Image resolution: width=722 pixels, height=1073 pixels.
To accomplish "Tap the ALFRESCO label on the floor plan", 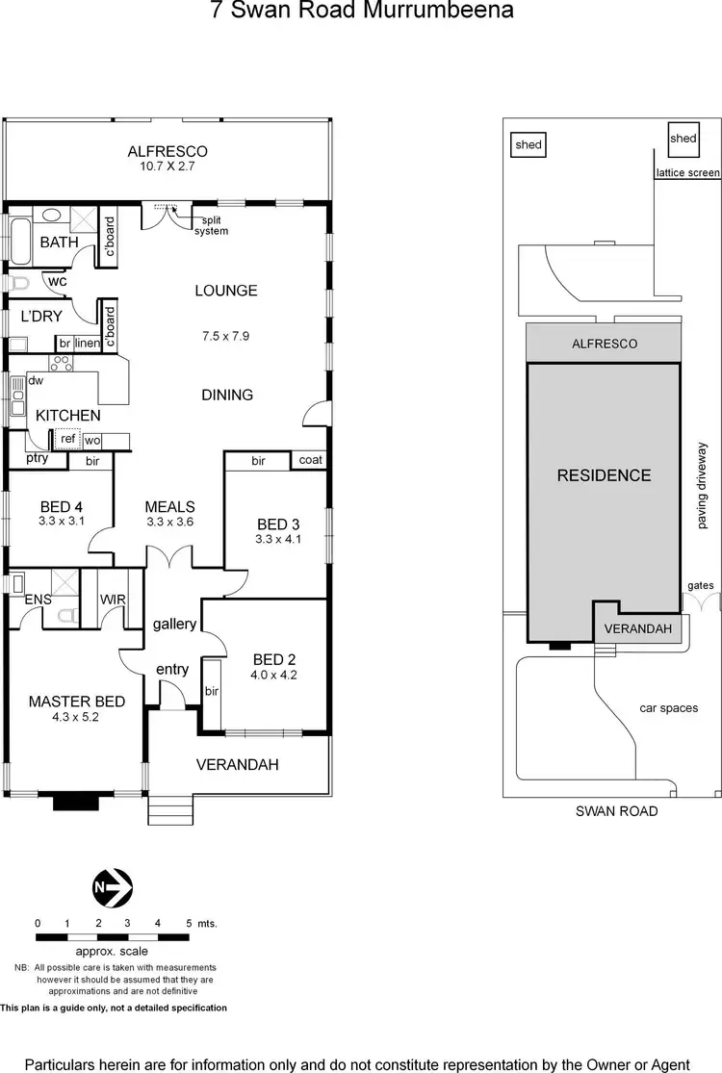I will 168,151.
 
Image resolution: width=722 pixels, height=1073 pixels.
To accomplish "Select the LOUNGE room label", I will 226,291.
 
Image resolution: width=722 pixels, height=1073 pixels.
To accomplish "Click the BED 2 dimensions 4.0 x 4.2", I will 273,675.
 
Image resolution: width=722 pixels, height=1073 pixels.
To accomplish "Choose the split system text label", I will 211,225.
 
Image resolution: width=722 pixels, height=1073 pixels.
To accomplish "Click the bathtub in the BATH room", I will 18,238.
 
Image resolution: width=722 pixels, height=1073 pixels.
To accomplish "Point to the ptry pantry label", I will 37,459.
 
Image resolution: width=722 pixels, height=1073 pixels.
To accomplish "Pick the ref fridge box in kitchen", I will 67,439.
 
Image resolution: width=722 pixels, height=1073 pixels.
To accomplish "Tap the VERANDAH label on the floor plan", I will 237,765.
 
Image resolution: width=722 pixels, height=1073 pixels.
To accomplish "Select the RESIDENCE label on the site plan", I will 605,475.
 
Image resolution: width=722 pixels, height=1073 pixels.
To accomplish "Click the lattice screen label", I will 687,174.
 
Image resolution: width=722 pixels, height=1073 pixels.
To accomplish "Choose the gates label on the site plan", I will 699,585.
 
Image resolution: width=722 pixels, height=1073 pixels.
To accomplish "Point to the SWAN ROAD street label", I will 616,811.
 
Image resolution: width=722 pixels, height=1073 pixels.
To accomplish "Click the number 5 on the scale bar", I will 188,923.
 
